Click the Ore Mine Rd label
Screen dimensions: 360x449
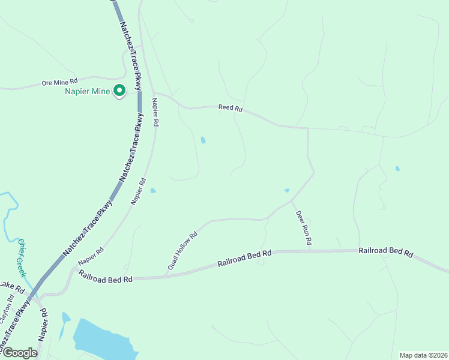60,82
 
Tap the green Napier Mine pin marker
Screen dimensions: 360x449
119,91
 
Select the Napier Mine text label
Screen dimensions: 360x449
88,92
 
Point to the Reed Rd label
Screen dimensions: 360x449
231,108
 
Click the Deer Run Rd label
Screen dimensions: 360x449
303,227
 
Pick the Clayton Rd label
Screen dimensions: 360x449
7,307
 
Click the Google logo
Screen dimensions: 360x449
19,353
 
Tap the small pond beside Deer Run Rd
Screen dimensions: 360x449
287,190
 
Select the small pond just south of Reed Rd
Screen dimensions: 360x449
203,140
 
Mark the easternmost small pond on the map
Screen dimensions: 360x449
397,169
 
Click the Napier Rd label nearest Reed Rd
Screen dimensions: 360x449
155,112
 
